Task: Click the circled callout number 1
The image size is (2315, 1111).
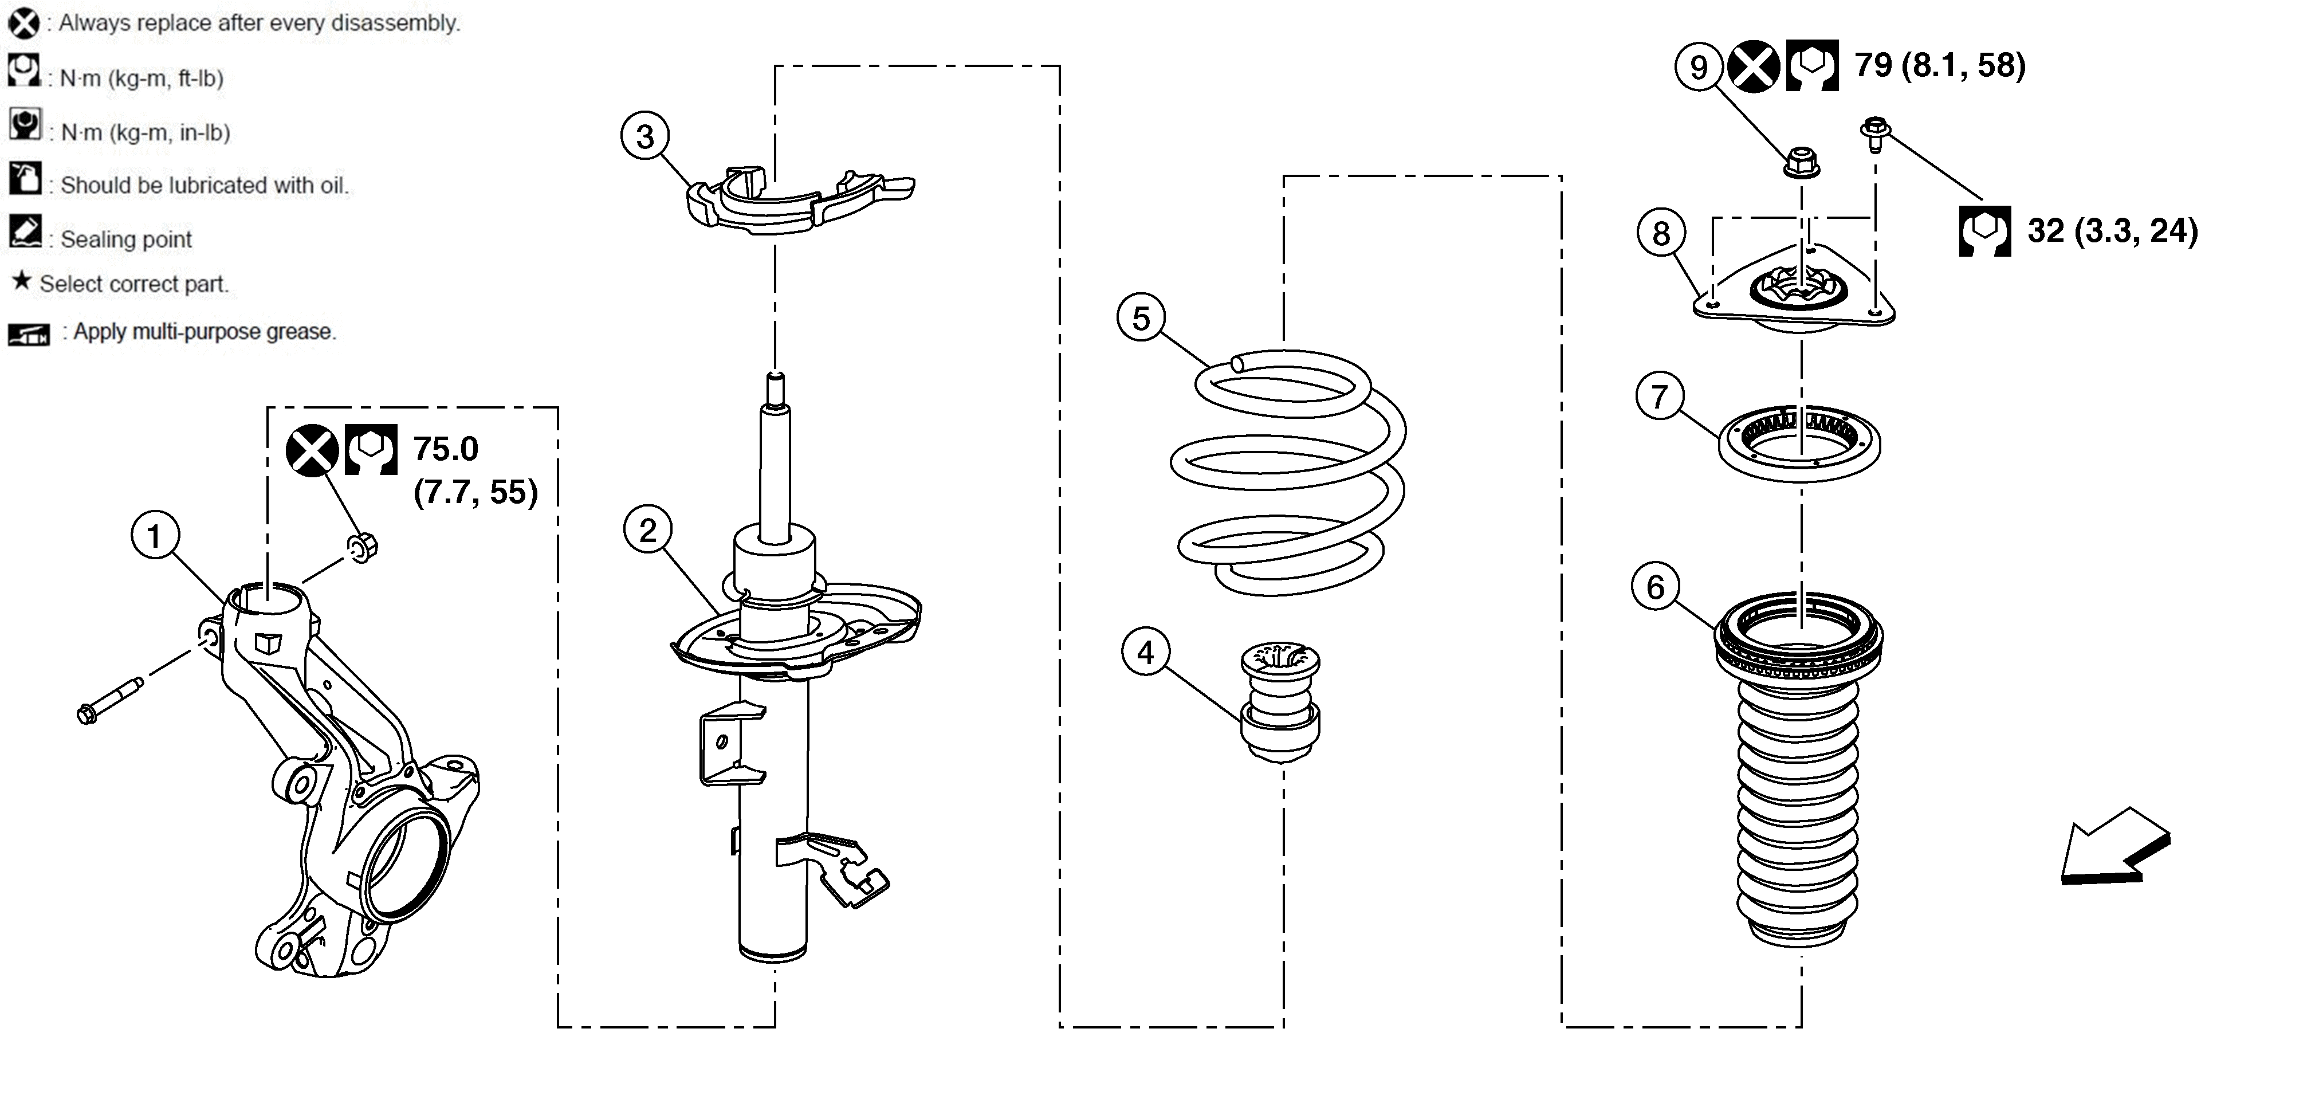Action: coord(155,536)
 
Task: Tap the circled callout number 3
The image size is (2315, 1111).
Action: coord(645,136)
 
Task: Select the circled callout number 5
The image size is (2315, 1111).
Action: coord(1141,318)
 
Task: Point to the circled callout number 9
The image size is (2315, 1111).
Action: coord(1699,66)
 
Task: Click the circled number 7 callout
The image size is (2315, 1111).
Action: coord(1660,395)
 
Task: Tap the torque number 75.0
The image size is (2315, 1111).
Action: coord(446,449)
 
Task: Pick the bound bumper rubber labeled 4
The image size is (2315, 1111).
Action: coord(1280,702)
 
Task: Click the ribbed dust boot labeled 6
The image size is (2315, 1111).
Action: coord(1798,768)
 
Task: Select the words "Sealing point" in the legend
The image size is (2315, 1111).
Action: coord(126,239)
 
